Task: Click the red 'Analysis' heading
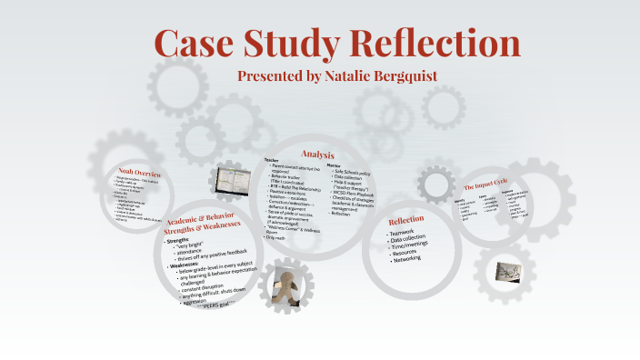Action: (317, 155)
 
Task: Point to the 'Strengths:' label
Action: (180, 241)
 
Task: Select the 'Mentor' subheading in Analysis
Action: (335, 165)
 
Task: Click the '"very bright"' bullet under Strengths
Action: (194, 246)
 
